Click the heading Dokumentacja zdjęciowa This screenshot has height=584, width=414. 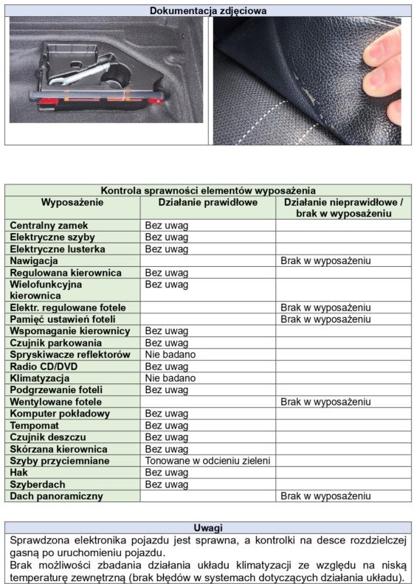point(208,10)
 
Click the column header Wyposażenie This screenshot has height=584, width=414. point(72,202)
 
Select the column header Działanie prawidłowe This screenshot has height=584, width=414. point(208,202)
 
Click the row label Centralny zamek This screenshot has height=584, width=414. point(49,226)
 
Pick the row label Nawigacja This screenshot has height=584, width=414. point(34,261)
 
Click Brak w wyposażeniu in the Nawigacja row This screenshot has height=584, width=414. point(325,261)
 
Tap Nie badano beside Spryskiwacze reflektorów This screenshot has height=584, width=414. point(170,355)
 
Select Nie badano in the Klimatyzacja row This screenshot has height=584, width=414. point(170,378)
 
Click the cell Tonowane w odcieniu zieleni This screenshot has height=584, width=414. point(207,461)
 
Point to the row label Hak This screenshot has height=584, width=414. point(19,473)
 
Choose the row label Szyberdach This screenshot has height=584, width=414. point(38,484)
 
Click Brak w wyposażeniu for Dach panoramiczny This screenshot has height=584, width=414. point(325,496)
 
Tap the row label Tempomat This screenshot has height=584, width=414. point(34,425)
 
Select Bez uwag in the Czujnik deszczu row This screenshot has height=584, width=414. point(167,437)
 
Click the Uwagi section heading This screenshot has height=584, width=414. point(208,527)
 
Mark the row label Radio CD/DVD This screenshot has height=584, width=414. point(44,366)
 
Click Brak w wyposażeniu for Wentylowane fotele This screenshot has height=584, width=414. point(325,402)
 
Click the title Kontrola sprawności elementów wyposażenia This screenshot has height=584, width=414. point(208,191)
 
